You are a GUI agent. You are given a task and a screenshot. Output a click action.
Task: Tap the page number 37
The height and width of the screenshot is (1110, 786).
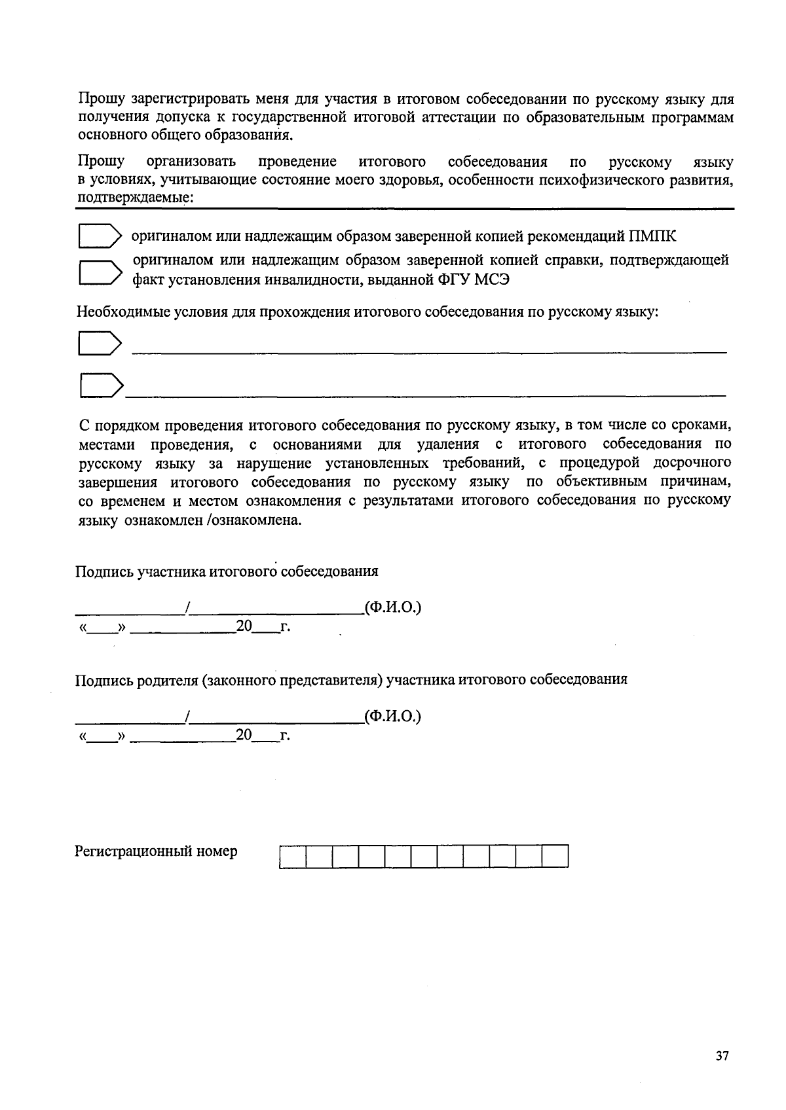[722, 1056]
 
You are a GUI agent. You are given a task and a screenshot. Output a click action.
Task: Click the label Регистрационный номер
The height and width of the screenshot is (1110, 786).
[156, 851]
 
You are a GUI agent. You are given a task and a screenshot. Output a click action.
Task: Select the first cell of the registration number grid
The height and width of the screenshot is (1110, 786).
[293, 857]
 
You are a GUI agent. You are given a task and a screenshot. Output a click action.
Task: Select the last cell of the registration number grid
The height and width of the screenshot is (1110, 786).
[555, 857]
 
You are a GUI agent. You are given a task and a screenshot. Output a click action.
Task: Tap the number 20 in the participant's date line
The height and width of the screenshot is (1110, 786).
[244, 626]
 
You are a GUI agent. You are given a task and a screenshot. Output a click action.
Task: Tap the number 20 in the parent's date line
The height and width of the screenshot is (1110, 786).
[244, 735]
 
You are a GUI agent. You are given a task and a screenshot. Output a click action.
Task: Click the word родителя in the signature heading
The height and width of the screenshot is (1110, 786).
[166, 679]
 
